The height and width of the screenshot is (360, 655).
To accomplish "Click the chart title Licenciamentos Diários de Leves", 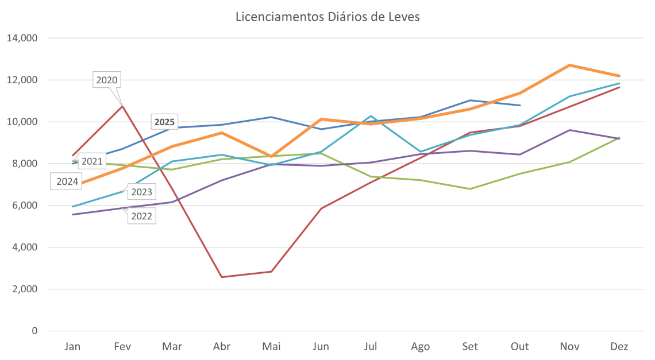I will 327,17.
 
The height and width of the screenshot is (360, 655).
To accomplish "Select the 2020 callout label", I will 107,80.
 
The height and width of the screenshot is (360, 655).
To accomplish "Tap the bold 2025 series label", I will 164,122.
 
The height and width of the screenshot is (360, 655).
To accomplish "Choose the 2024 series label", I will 68,182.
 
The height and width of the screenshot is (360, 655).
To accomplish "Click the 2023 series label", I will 141,192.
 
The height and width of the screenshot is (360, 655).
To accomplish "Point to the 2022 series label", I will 141,216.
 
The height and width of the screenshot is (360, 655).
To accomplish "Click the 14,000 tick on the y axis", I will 22,38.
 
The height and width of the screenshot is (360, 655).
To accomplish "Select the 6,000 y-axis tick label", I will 24,206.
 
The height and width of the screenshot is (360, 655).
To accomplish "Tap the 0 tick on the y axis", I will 34,331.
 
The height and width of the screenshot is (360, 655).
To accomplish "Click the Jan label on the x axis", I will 72,347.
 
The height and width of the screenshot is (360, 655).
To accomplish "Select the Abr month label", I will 222,347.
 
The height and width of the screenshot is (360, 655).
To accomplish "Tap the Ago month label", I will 421,347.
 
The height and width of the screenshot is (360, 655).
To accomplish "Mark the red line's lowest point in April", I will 222,277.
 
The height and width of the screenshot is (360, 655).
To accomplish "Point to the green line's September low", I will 471,188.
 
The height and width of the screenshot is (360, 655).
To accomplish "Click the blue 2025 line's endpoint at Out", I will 520,105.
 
